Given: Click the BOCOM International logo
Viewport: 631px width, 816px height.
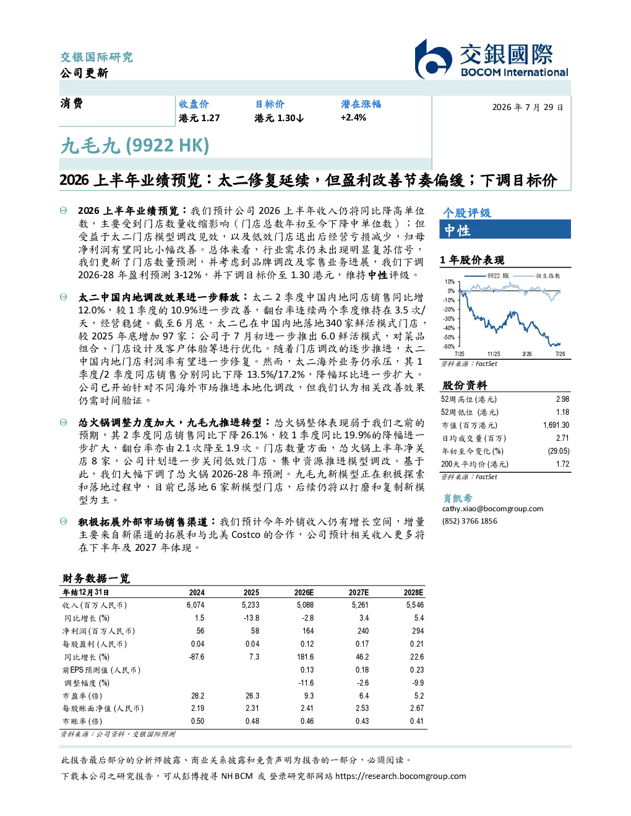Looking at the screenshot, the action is coord(491,59).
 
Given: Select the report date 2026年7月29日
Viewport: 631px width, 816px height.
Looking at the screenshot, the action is coord(528,108).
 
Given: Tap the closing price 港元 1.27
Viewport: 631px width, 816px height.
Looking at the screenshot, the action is coord(199,118).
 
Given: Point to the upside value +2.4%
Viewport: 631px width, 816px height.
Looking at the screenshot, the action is coord(353,117).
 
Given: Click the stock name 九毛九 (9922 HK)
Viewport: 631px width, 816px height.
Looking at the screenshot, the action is coord(135,146).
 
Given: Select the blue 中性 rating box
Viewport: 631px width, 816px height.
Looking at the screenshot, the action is coord(505,229).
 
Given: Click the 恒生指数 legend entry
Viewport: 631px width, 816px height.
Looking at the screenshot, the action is coord(537,276).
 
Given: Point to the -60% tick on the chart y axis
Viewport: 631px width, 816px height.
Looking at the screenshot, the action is coord(449,347).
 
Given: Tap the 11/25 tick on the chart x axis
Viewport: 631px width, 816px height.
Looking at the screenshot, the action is coord(494,354).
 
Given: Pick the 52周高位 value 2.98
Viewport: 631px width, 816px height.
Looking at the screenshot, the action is coord(562,399).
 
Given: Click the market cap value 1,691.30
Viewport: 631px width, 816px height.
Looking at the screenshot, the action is coord(556,425).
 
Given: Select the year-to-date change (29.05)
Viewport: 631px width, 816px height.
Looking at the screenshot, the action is coord(559,451).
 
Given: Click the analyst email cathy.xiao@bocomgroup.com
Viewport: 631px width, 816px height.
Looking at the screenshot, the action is coord(492,509).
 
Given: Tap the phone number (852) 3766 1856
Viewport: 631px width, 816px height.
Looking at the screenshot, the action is coord(470,521).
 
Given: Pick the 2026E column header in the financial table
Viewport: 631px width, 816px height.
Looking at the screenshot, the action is coord(304,593).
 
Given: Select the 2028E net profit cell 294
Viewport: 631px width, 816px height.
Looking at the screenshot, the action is coord(418,631).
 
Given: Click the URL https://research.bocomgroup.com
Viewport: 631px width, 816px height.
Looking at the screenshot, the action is coord(401,776).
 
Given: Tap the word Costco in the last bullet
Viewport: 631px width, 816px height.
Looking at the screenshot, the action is coord(246,535).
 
